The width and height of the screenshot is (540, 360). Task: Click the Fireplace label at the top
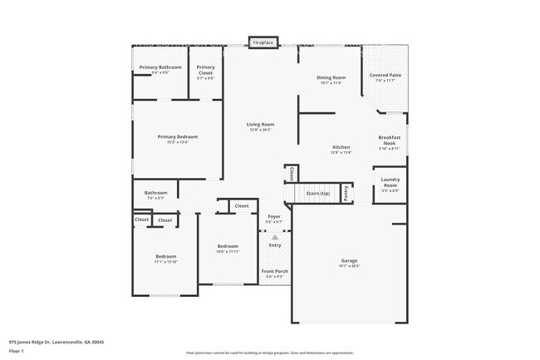pos(263,41)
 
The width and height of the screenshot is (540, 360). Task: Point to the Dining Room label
pos(331,77)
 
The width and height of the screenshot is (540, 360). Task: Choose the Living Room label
pos(260,125)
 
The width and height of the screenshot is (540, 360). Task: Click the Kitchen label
pos(341,147)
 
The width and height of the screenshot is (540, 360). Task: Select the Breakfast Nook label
pos(390,140)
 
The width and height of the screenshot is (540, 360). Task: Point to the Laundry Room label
pos(390,182)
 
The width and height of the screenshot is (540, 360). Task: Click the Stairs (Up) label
pos(318,193)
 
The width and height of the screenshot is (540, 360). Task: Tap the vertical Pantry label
pos(346,193)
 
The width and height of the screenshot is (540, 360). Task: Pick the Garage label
pos(348,260)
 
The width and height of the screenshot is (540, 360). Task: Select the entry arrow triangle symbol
pos(274,237)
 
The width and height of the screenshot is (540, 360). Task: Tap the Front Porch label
pos(274,272)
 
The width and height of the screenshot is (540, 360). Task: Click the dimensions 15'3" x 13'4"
pos(178,142)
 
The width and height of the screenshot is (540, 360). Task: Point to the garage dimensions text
pos(348,266)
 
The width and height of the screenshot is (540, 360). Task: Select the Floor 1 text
pos(17,351)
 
